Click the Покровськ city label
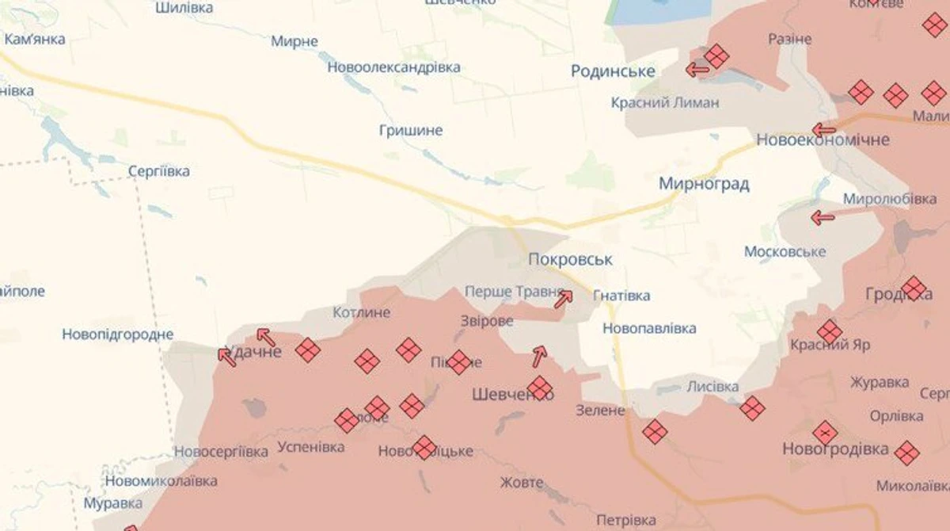(x=570, y=259)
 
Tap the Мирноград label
(x=704, y=184)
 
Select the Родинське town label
(x=613, y=71)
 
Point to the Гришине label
(x=410, y=130)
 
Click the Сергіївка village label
(x=158, y=171)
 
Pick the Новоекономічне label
(x=823, y=140)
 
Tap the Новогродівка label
(x=835, y=449)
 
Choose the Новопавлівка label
(x=649, y=327)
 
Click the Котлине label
(x=362, y=312)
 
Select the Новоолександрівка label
(x=393, y=67)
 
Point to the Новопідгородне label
(x=117, y=334)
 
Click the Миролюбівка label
(x=890, y=198)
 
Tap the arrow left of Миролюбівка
(x=823, y=217)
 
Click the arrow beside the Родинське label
(x=697, y=70)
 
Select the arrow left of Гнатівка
(x=563, y=299)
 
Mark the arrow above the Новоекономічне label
(x=823, y=130)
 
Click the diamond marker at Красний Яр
(x=829, y=331)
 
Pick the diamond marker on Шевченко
(x=540, y=388)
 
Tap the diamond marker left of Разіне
(x=716, y=55)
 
